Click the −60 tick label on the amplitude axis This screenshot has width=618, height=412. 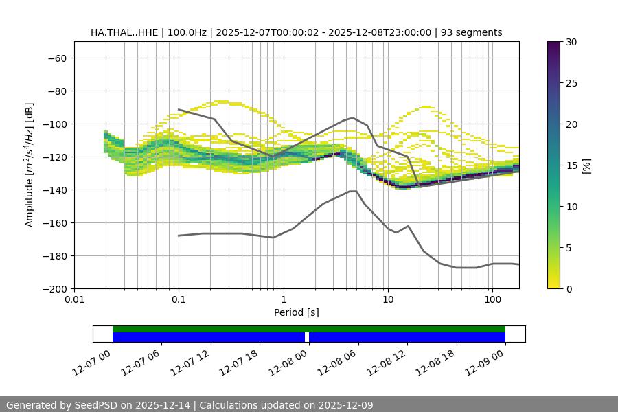(56, 58)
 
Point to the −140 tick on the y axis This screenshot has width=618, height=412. (56, 190)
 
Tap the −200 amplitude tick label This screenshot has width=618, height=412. (54, 289)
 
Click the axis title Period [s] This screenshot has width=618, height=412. (297, 313)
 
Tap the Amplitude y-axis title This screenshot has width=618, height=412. (30, 165)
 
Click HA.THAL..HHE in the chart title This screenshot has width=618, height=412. (124, 32)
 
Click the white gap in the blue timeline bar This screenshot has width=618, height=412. (307, 337)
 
